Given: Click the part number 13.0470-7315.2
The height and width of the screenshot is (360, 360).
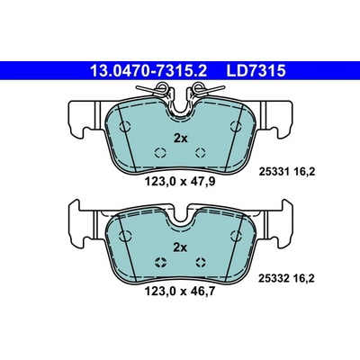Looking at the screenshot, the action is (148, 71).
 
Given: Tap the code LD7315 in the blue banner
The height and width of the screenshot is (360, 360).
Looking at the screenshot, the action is (256, 71).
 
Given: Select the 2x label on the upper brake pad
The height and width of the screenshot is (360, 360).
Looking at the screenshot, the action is (181, 139).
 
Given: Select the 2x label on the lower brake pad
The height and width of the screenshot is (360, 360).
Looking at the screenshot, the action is (181, 247).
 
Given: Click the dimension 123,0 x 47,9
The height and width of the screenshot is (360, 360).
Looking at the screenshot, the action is (180, 182).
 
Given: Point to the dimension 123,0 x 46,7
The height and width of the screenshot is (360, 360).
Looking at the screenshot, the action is (180, 291).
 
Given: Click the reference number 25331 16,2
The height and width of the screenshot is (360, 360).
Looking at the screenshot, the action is (286, 172).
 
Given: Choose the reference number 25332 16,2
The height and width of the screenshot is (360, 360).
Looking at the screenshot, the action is (286, 279).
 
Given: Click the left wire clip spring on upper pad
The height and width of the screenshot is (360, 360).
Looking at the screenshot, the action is (156, 89).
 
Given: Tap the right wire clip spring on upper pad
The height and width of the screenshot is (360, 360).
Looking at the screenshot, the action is (204, 89).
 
